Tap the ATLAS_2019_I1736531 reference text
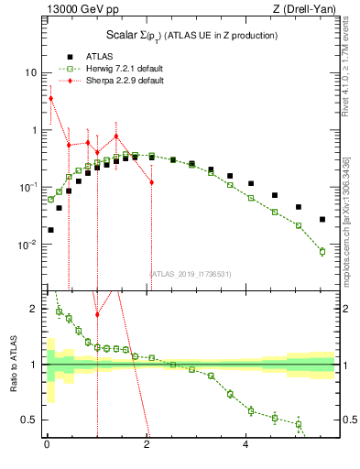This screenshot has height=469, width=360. [191, 273]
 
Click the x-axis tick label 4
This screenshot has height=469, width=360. [245, 446]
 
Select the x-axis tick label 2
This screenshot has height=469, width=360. [147, 446]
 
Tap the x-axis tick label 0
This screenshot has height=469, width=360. [47, 446]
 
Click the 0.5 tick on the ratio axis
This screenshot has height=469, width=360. [29, 420]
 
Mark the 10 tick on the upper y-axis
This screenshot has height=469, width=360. [29, 72]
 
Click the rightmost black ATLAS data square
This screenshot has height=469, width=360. [322, 219]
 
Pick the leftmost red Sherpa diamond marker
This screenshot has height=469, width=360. [50, 98]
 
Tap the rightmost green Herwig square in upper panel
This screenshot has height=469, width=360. [322, 251]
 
